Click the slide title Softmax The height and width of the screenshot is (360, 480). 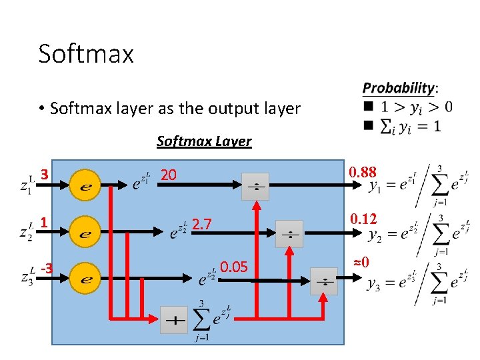tap(86, 53)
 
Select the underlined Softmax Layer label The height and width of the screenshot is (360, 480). tap(203, 141)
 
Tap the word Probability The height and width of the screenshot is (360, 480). tap(398, 88)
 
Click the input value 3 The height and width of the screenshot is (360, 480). tap(45, 175)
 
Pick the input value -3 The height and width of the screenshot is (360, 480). tap(47, 269)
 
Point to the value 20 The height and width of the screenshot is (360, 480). tap(169, 175)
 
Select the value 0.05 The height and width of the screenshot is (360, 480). tap(234, 267)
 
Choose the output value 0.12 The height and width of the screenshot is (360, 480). tap(363, 218)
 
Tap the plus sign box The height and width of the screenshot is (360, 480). tap(174, 321)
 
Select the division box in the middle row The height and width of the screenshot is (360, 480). tap(289, 234)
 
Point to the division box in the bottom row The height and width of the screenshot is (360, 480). tap(324, 281)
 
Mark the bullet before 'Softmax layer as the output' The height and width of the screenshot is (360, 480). tap(41, 108)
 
